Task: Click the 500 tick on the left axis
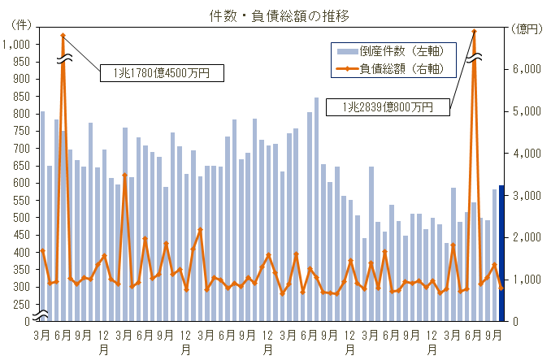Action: tap(20, 218)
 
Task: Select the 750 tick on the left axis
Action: tap(20, 131)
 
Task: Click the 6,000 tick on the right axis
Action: tap(527, 69)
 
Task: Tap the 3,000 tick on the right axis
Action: tap(527, 195)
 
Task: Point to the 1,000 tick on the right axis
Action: tap(527, 280)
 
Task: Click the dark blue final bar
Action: tap(501, 253)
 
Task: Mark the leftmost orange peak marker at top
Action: tap(63, 35)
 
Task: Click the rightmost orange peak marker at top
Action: tap(474, 32)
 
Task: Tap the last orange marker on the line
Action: tap(501, 288)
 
